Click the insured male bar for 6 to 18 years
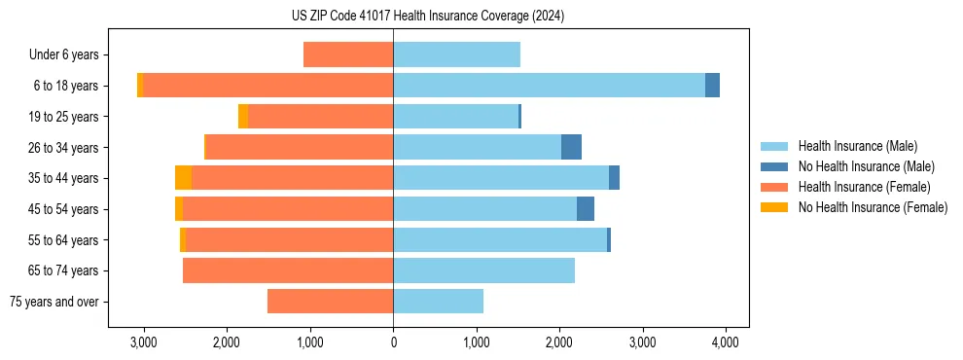point(549,86)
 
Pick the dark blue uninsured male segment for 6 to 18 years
point(712,86)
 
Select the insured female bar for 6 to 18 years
point(268,86)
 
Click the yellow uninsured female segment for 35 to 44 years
point(183,178)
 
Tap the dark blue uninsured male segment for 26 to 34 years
point(571,147)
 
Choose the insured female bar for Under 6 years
point(348,54)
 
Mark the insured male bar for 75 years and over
point(438,302)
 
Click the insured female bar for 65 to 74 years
point(288,270)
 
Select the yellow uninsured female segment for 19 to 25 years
point(243,117)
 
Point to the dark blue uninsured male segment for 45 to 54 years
point(585,209)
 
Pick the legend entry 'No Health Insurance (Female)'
point(873,207)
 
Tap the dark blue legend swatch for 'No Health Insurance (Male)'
point(774,166)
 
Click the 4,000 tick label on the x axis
point(725,342)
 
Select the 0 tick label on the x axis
point(393,342)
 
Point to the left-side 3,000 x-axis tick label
point(143,342)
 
